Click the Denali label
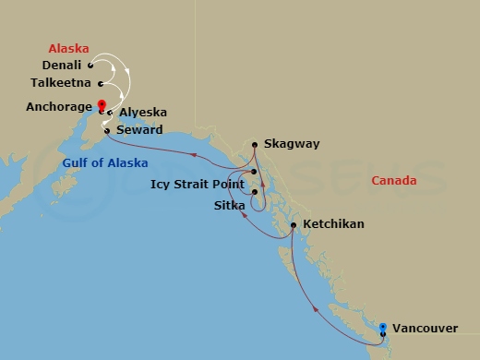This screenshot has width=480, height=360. pos(63,66)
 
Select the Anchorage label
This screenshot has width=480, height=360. pos(59,106)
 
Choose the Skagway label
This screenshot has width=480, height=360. pos(291,144)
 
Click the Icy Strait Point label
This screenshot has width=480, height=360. pos(198,184)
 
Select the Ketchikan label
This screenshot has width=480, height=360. pos(332,224)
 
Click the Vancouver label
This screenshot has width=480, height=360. pos(425,328)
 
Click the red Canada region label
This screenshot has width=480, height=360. pos(394,181)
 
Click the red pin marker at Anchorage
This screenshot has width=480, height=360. pos(102,105)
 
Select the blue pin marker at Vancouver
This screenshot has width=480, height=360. pos(383,327)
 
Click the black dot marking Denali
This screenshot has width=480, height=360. pos(90,66)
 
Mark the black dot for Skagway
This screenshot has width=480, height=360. pos(255,144)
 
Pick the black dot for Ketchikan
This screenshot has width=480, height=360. pos(293,225)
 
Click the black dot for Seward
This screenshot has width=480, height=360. pos(107,130)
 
